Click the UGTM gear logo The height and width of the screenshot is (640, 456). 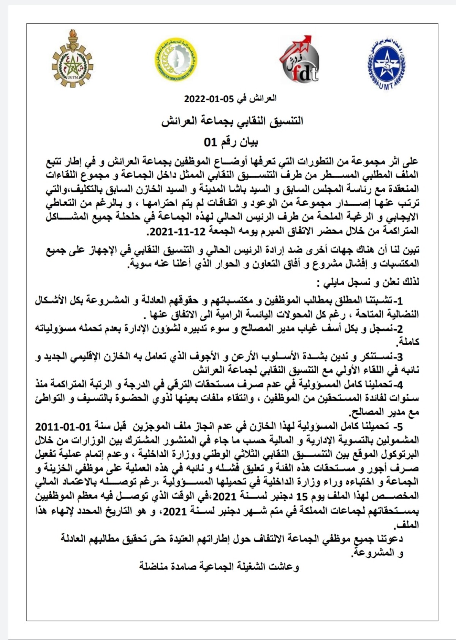coord(72,61)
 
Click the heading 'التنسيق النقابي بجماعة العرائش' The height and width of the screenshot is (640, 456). coord(232,122)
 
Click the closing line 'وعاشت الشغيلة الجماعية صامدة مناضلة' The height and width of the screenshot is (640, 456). coord(219,567)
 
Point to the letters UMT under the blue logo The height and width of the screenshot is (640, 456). coord(385,86)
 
